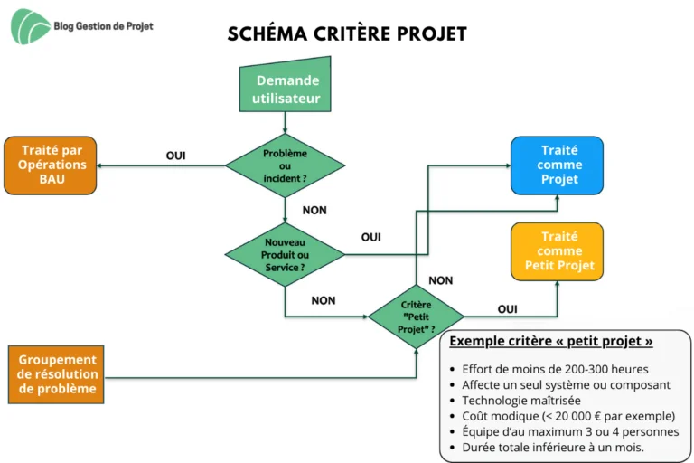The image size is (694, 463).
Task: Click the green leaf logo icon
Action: click(x=30, y=26)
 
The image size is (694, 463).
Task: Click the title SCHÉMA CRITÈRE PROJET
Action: click(x=347, y=33)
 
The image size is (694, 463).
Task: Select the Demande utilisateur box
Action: click(x=285, y=84)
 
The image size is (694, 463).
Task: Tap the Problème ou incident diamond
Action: click(x=285, y=165)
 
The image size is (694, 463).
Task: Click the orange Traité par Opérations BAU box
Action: click(x=51, y=165)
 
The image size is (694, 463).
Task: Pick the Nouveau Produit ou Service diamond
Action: click(x=285, y=255)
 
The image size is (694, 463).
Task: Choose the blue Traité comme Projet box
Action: click(x=557, y=165)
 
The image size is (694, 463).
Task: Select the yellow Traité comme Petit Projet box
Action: click(x=557, y=251)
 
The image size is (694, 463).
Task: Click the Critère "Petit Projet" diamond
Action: click(x=416, y=317)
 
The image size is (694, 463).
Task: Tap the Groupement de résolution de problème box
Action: click(x=56, y=374)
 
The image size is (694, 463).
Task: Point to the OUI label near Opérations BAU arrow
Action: click(x=175, y=156)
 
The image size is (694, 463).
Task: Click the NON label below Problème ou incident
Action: click(x=314, y=210)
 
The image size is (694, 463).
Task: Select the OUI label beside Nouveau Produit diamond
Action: click(x=370, y=237)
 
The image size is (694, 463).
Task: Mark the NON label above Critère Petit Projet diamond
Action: click(x=440, y=280)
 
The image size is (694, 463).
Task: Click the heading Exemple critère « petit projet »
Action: click(x=551, y=341)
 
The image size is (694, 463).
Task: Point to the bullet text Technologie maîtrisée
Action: click(x=521, y=401)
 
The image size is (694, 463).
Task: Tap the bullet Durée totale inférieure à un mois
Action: click(x=553, y=448)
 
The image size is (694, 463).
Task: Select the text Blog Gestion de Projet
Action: click(x=103, y=26)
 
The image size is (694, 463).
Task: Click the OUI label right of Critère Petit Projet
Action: click(x=507, y=308)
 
